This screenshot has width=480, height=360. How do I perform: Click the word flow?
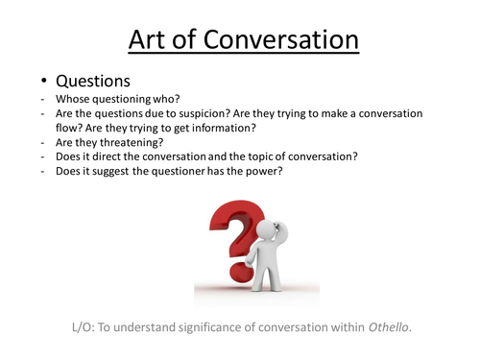coord(70,132)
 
